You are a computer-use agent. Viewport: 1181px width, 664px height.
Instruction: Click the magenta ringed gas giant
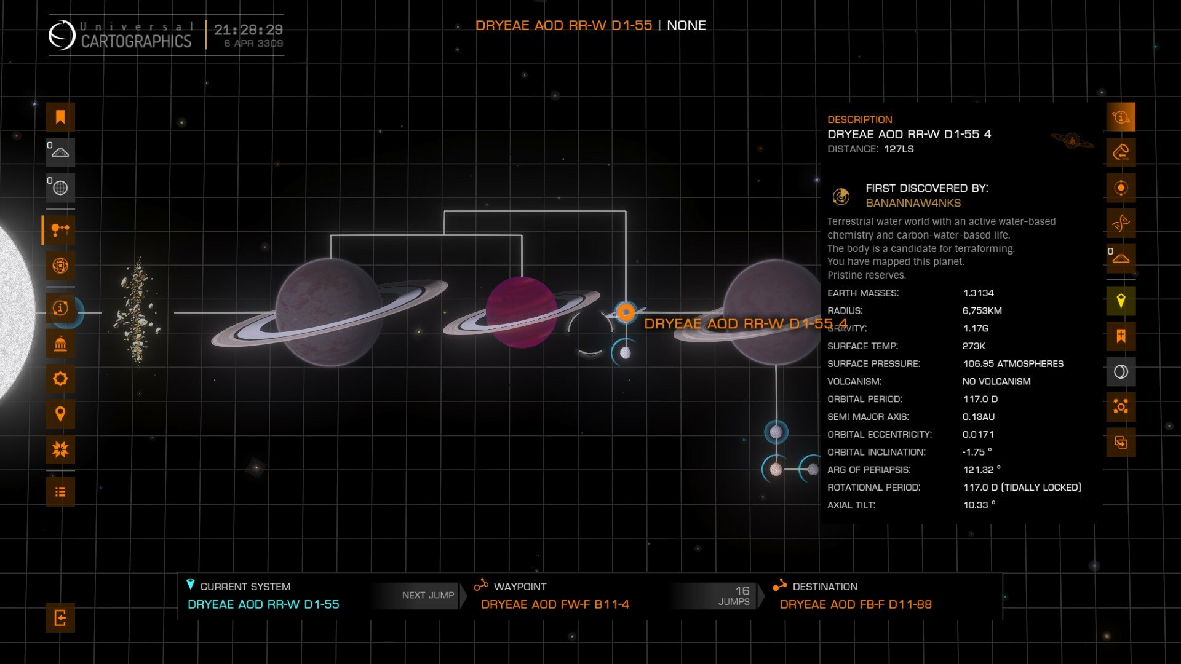click(521, 312)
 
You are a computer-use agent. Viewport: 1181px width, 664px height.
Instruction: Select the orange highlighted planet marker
click(626, 312)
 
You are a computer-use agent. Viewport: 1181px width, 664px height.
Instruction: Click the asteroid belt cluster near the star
click(137, 312)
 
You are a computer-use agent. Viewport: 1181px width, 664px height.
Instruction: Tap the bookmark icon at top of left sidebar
click(60, 117)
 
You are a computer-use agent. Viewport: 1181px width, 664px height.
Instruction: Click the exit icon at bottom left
click(60, 617)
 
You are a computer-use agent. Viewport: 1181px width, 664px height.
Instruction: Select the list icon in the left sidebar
click(60, 492)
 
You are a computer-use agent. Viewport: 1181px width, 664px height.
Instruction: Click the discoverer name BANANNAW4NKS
click(913, 203)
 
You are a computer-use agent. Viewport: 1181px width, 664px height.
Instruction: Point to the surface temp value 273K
click(974, 346)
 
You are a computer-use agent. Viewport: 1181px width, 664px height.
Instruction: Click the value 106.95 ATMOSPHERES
click(1012, 364)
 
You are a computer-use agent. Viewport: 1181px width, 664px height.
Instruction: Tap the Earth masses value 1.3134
click(978, 293)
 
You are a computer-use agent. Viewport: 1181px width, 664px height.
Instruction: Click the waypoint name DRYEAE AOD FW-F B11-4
click(555, 604)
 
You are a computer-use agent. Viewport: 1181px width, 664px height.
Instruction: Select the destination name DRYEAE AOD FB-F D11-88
click(855, 604)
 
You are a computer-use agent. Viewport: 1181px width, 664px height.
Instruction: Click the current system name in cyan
click(263, 604)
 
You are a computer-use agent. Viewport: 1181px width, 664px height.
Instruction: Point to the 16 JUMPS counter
click(735, 595)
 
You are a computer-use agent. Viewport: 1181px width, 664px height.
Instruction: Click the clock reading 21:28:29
click(249, 30)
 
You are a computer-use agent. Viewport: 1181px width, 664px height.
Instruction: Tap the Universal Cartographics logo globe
click(62, 35)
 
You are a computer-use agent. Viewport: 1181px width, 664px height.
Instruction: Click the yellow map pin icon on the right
click(1121, 301)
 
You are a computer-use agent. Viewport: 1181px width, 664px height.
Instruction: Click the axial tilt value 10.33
click(976, 505)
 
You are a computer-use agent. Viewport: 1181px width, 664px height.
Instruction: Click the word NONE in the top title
click(686, 26)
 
